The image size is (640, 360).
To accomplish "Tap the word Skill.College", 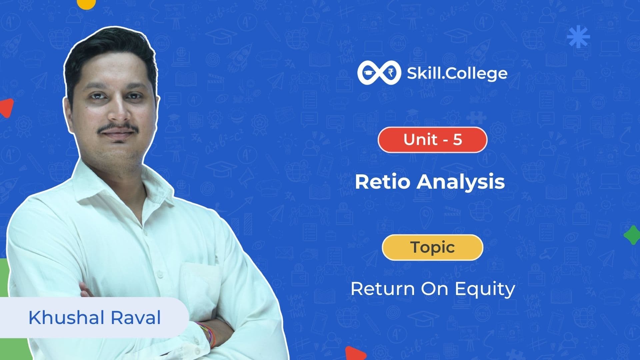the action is (457, 74).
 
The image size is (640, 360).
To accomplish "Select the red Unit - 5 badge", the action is (432, 140).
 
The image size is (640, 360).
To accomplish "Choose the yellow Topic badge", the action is (432, 247).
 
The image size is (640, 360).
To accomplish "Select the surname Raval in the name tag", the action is (136, 317).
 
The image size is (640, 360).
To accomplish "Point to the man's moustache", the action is (118, 128).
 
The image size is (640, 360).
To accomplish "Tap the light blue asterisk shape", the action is (578, 37).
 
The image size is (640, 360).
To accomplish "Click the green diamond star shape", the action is (632, 235).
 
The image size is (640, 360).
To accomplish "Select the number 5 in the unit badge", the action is (457, 140).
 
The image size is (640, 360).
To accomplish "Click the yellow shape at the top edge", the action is (86, 3).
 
